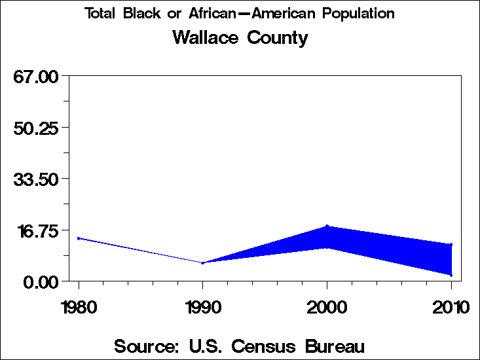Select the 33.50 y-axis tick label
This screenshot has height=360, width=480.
pyautogui.click(x=37, y=179)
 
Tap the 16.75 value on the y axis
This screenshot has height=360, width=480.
pyautogui.click(x=37, y=230)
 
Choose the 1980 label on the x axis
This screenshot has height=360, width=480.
pyautogui.click(x=79, y=307)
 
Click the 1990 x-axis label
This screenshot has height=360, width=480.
pyautogui.click(x=203, y=307)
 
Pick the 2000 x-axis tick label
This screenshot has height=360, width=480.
pyautogui.click(x=327, y=307)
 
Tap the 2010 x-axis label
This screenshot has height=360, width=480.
pyautogui.click(x=451, y=307)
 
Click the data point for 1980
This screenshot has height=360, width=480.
pyautogui.click(x=79, y=238)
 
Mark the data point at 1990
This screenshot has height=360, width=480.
pyautogui.click(x=203, y=262)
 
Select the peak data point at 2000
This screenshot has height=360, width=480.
pyautogui.click(x=327, y=226)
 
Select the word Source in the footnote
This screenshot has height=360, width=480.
pyautogui.click(x=145, y=346)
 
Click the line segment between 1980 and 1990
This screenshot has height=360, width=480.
pyautogui.click(x=141, y=251)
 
